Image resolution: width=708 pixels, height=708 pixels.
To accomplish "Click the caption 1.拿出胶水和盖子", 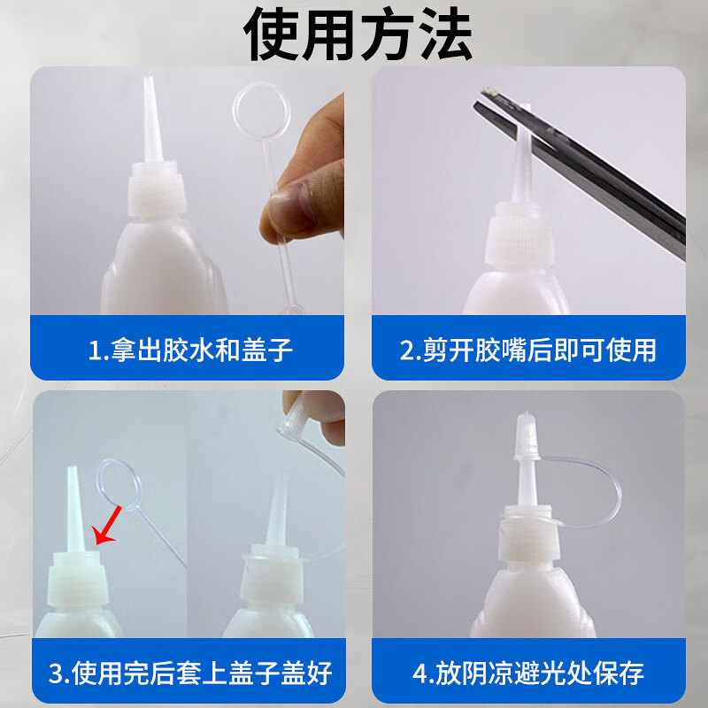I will point(190,350).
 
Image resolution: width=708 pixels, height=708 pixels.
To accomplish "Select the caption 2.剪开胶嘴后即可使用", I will point(528,350).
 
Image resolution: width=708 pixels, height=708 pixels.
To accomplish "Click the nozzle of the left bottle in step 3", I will point(74,509).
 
